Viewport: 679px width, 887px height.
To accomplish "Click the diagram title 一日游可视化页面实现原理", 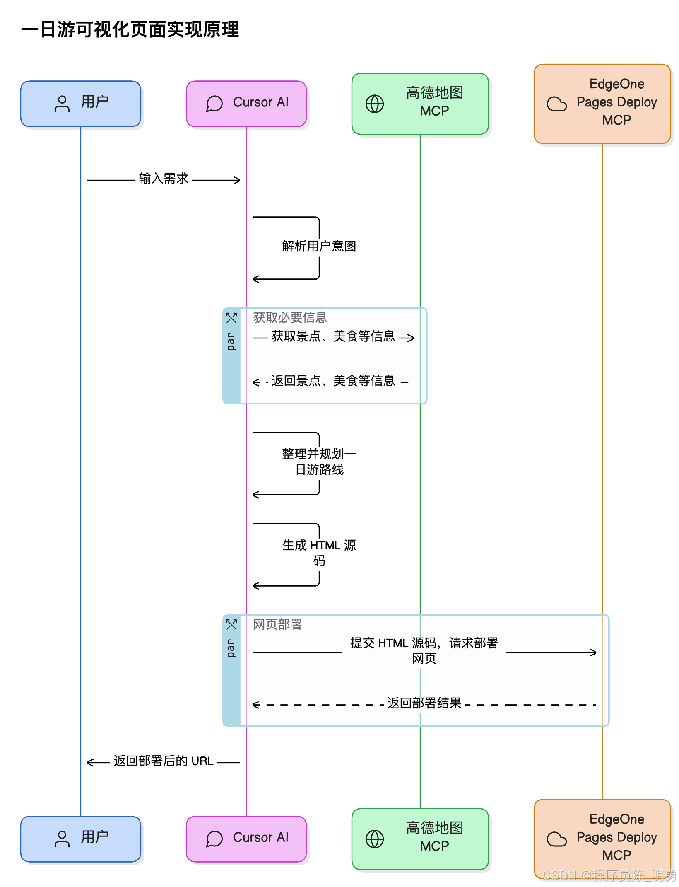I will pos(130,30).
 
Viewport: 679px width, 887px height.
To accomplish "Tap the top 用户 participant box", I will pos(81,104).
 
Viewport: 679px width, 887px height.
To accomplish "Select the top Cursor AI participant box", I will pos(246,104).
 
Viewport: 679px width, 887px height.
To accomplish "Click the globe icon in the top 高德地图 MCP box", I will pos(375,104).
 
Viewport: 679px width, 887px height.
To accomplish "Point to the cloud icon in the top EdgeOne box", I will pos(556,104).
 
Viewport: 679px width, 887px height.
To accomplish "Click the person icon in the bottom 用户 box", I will pos(62,839).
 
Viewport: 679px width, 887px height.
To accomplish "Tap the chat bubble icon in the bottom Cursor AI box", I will pos(214,839).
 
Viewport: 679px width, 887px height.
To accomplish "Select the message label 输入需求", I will pos(164,179).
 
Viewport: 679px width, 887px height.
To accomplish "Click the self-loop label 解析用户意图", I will pos(319,246).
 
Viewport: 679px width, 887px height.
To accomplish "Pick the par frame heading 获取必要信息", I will pos(290,317).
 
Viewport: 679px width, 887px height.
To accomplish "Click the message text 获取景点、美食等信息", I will pos(333,336).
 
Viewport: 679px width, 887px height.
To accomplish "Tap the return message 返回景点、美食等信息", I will pos(333,381).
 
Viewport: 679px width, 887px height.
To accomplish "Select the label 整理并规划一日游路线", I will pos(319,462).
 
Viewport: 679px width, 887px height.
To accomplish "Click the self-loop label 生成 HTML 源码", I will pos(319,553).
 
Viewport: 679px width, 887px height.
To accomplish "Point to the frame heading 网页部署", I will pos(277,624).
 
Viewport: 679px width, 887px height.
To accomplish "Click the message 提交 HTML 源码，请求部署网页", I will pos(424,650).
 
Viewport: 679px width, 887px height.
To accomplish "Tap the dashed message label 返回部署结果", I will pos(424,703).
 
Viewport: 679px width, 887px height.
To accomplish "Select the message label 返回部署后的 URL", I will pos(164,761).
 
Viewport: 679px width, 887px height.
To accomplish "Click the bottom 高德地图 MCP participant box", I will pos(420,839).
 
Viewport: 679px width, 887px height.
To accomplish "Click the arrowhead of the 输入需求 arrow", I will pos(237,180).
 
